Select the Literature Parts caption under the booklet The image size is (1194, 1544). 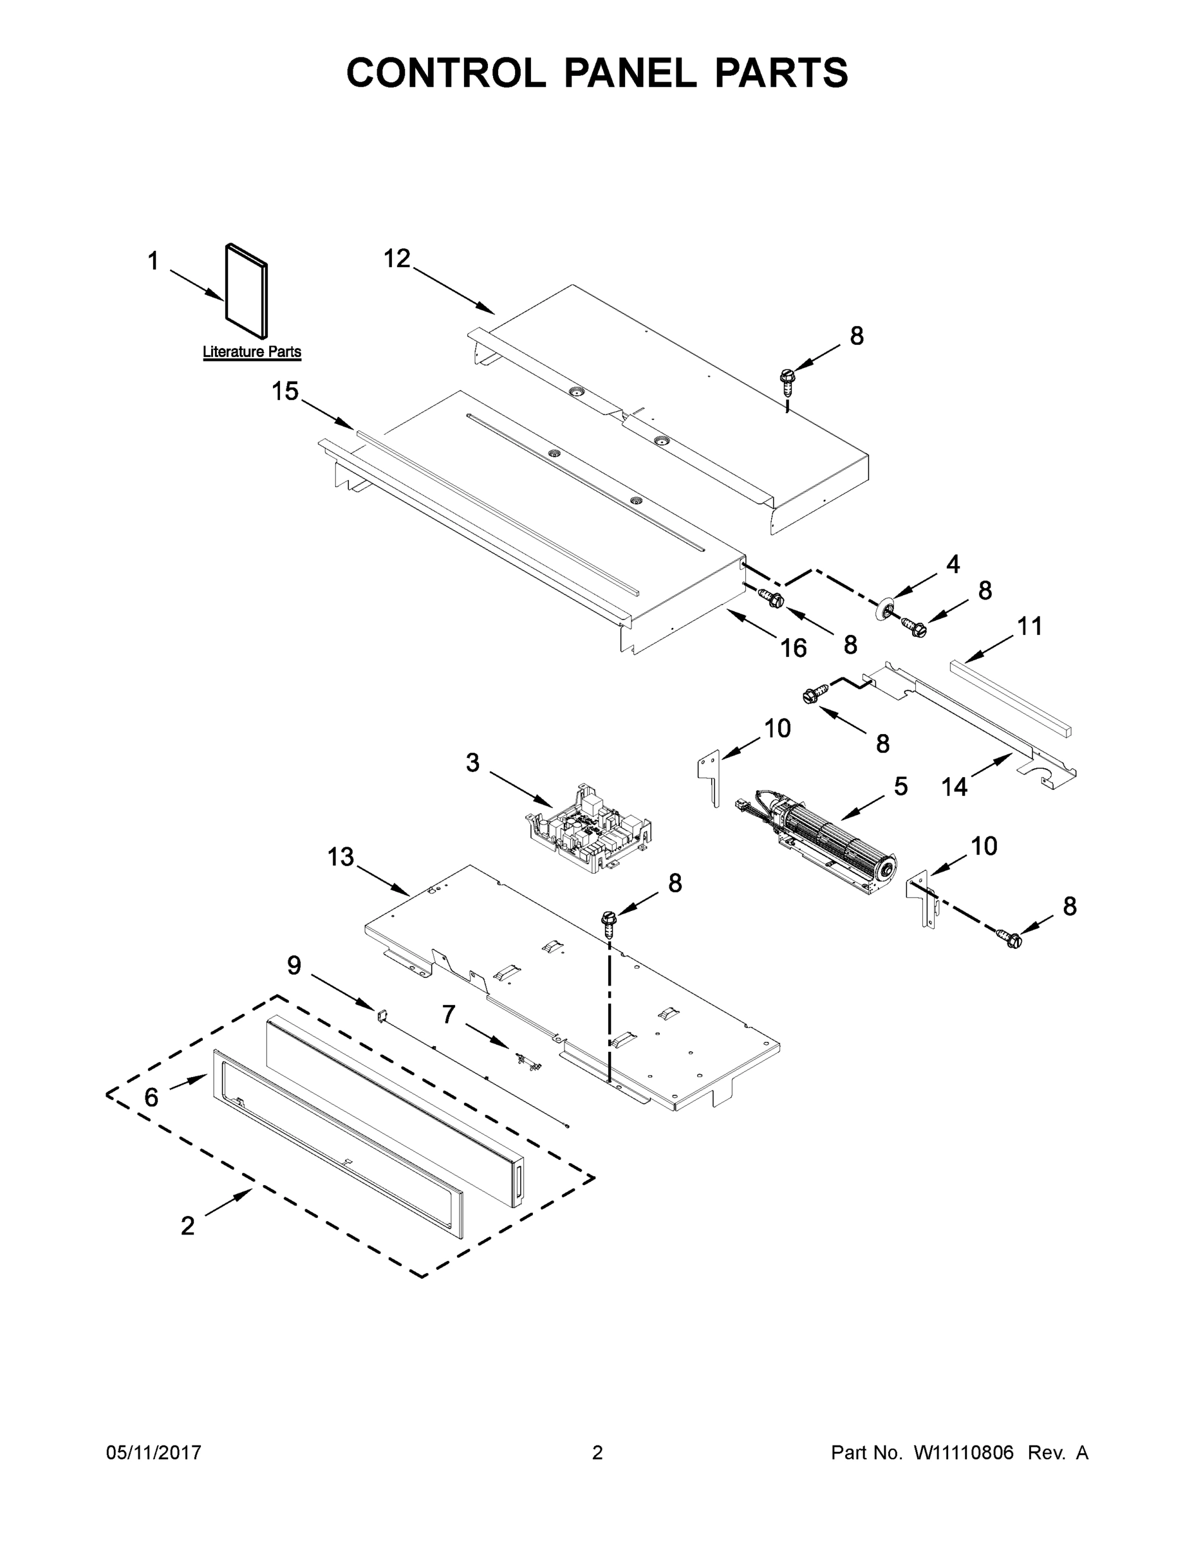252,351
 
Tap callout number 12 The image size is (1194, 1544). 397,259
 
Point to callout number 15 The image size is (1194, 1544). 286,391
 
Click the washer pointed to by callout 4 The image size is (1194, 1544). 882,609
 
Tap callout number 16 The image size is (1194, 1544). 794,648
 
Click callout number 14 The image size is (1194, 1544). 954,786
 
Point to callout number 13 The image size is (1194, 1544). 340,857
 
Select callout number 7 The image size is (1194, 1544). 449,1015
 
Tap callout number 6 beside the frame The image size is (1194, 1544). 151,1097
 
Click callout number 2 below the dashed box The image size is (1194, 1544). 187,1226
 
